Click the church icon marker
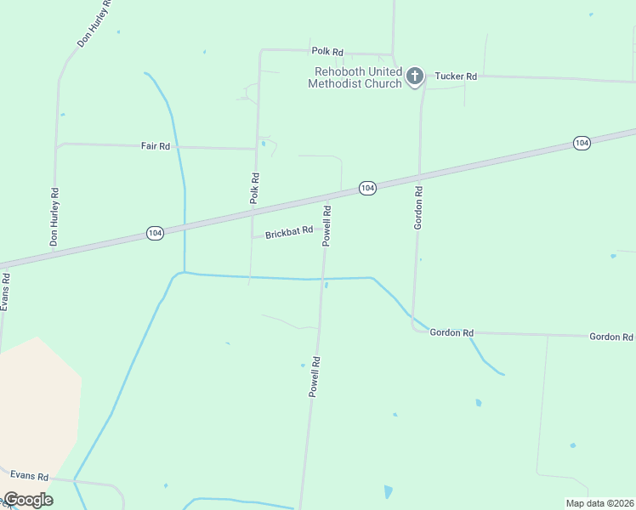tap(415, 76)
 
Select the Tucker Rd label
tap(456, 76)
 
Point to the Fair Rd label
tap(156, 146)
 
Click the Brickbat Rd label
tap(289, 232)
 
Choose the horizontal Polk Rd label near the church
tap(327, 52)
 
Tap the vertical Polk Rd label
tap(254, 188)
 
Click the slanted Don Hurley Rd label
tap(94, 24)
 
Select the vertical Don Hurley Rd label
tap(54, 218)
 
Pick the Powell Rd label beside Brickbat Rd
tap(327, 225)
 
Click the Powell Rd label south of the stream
tap(315, 377)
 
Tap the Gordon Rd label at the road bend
tap(451, 332)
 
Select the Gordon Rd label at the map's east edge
tap(611, 337)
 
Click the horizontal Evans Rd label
tap(30, 478)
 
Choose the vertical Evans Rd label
tap(5, 291)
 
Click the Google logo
tap(28, 500)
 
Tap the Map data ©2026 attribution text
tap(599, 503)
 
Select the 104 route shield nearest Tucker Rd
tap(582, 143)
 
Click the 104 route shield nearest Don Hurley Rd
tap(154, 233)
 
